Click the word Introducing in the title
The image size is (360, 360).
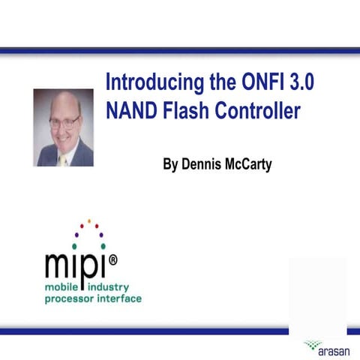pos(152,82)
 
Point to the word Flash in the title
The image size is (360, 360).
pos(184,111)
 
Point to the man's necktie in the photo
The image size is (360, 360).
pos(64,159)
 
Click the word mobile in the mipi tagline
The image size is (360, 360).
pos(64,287)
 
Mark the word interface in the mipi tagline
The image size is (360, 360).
pos(121,299)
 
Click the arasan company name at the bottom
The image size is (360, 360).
pos(333,349)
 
